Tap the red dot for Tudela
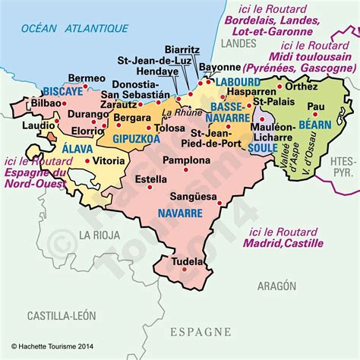click(x=203, y=262)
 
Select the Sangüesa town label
click(x=189, y=194)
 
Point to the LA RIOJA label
click(x=102, y=234)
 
